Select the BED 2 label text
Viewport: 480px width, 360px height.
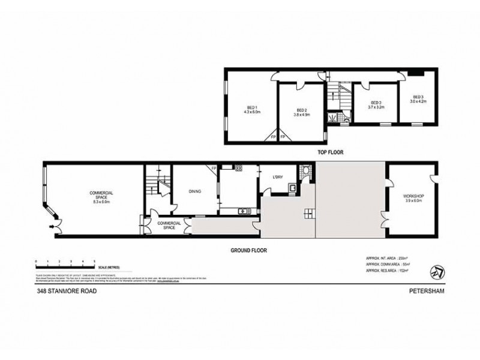(x=302, y=110)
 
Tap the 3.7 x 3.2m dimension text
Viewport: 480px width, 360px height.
(x=376, y=107)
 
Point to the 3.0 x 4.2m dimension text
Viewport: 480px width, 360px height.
(x=417, y=102)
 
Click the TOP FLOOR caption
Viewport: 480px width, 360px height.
(x=330, y=152)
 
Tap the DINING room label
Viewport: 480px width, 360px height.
(x=194, y=191)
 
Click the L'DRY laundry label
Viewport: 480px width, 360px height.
(x=277, y=177)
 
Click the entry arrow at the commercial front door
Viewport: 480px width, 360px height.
(x=51, y=227)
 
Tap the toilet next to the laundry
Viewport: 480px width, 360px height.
(x=307, y=174)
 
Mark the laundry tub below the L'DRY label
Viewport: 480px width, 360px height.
(x=292, y=188)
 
